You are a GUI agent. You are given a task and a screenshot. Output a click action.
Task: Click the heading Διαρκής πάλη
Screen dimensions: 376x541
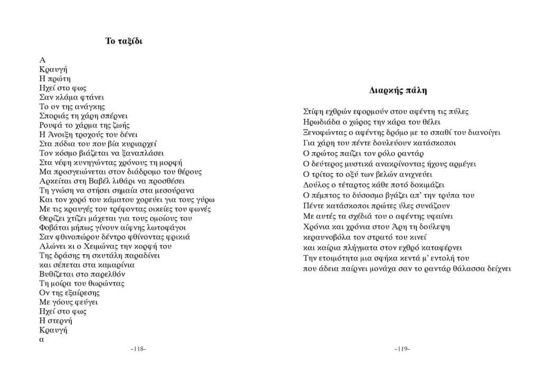[x=398, y=90]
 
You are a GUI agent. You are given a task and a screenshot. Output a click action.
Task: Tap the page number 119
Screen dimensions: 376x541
[x=402, y=349]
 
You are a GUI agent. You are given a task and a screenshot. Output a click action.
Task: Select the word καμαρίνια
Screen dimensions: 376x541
[x=114, y=265]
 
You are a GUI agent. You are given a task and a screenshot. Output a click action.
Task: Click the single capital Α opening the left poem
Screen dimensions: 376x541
[x=42, y=60]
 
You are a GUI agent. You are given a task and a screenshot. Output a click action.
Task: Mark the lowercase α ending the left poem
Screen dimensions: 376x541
[x=42, y=340]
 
